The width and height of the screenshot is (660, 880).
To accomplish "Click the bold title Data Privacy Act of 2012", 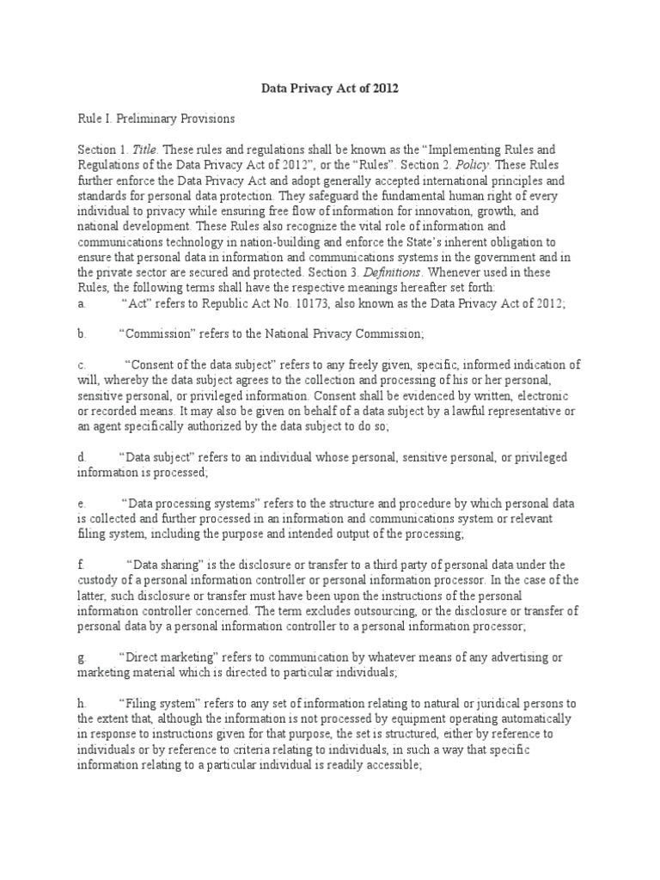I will (330, 89).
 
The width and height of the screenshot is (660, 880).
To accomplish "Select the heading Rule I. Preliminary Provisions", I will (156, 119).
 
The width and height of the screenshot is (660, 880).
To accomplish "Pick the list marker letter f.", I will (81, 564).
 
